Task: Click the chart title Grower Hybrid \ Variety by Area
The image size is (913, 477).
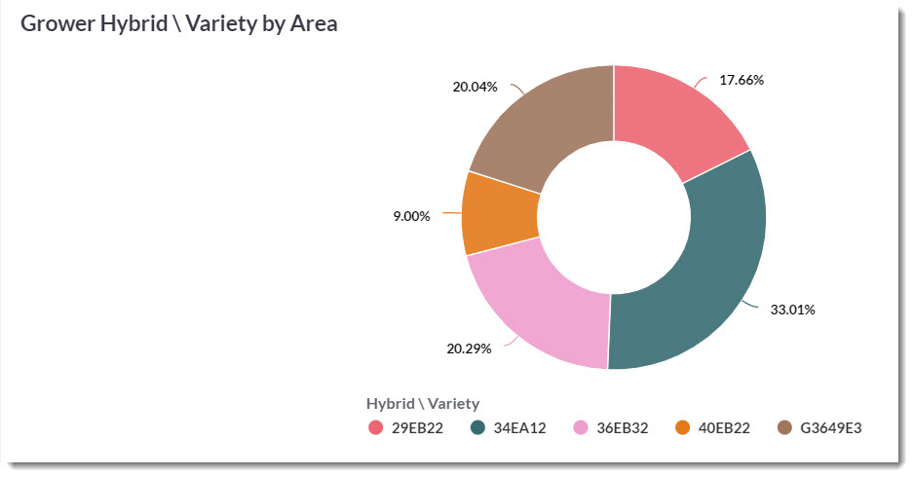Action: tap(179, 24)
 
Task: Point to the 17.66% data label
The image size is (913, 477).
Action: tap(742, 80)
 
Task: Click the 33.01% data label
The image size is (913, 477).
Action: tap(793, 310)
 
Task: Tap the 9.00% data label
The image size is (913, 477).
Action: tap(411, 216)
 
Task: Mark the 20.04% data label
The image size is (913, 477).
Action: tap(475, 87)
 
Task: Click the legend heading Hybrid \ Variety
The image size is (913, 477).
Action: tap(423, 403)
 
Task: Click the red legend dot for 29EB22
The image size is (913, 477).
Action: tap(376, 427)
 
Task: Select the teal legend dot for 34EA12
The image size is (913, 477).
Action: tap(479, 427)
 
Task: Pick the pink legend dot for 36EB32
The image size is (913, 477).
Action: tap(582, 427)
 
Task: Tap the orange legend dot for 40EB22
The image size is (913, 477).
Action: tap(683, 427)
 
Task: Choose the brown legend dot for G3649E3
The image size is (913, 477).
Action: tap(785, 427)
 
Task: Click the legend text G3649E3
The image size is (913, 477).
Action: tap(831, 427)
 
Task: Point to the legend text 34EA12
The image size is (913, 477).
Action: tap(520, 427)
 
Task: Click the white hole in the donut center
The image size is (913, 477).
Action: tap(613, 217)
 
